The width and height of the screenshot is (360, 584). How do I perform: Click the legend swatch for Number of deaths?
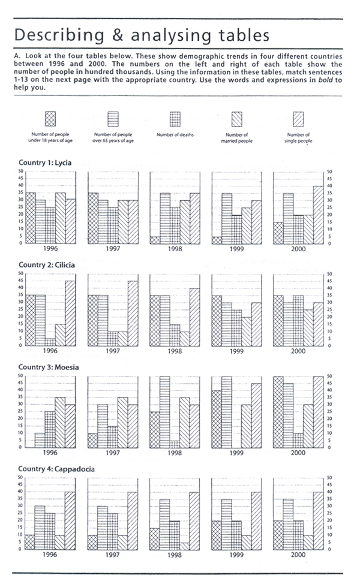click(x=174, y=118)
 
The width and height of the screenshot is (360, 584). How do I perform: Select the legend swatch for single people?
click(x=298, y=118)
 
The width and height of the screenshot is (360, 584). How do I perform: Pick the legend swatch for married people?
click(x=236, y=118)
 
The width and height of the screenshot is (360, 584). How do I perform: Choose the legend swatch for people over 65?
click(x=113, y=118)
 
